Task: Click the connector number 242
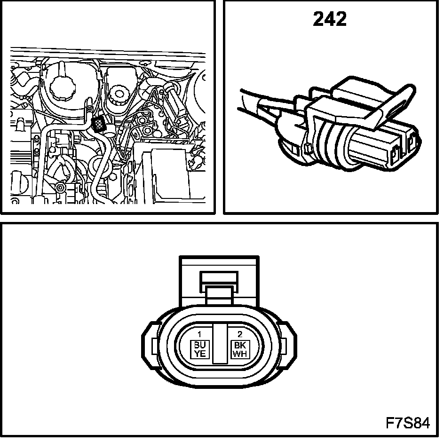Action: (330, 19)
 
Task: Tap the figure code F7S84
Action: (408, 423)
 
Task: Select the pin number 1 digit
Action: (200, 334)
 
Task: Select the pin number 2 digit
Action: (239, 334)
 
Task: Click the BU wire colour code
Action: (200, 346)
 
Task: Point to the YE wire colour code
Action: (200, 354)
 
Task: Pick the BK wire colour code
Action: (239, 346)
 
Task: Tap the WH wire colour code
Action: (239, 354)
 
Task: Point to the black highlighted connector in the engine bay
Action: (99, 125)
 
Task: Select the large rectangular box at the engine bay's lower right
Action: (169, 174)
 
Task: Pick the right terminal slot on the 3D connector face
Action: (412, 143)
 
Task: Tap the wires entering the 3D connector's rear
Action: (263, 101)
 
